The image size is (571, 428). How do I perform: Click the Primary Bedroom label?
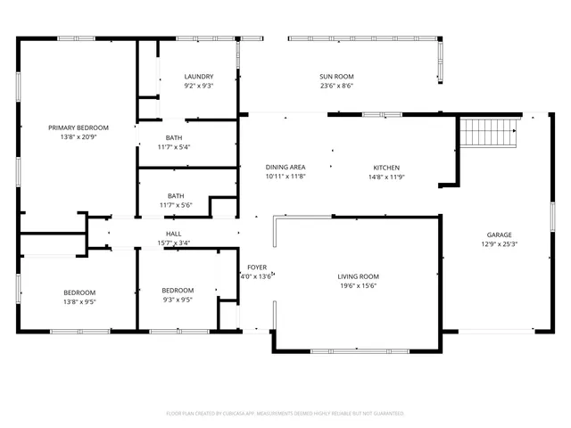point(79,128)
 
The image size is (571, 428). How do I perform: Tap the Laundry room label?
point(198,77)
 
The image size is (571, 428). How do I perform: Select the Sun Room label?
point(337,77)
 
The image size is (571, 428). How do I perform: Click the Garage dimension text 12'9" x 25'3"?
point(499,243)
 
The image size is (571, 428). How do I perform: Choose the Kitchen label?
point(385,168)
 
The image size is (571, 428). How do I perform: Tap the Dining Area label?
point(285,168)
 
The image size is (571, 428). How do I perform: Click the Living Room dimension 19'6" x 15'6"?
point(358,286)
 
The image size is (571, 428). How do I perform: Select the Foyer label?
point(257,267)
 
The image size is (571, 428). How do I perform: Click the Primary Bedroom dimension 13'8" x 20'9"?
point(79,137)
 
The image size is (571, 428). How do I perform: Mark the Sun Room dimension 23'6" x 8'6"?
point(337,86)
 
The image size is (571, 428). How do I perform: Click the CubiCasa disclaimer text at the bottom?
point(285,413)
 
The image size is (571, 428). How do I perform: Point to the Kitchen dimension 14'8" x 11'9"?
point(385,177)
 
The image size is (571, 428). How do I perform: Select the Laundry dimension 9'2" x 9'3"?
point(198,86)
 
